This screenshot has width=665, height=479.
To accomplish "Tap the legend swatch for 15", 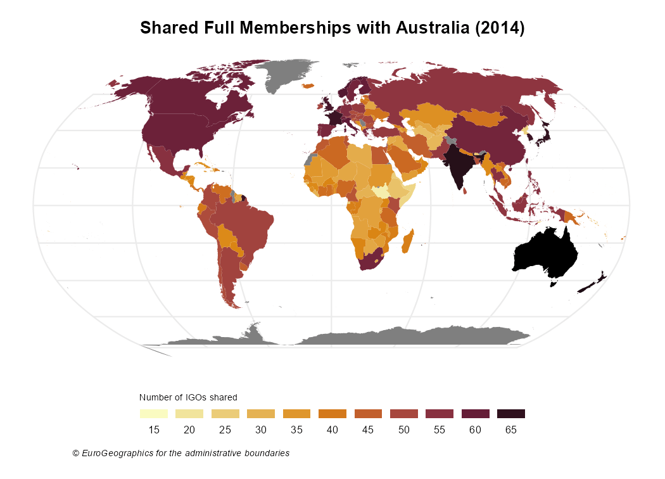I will tap(153, 414).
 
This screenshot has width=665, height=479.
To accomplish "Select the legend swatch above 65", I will tap(511, 414).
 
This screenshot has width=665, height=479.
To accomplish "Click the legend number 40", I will tap(332, 430).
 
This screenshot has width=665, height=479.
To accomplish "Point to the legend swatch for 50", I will tap(404, 414).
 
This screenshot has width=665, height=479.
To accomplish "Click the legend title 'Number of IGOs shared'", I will tap(188, 397).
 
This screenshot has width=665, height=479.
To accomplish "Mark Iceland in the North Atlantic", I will tap(308, 86).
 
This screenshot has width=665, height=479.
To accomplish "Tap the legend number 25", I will tap(225, 430).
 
